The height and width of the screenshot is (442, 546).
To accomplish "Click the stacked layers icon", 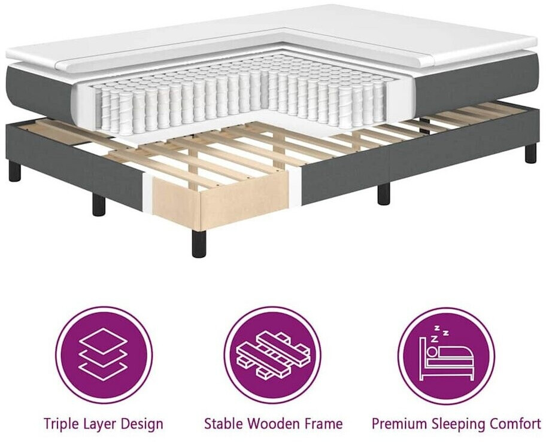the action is [104, 355].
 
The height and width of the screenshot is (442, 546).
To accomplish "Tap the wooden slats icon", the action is [272, 355].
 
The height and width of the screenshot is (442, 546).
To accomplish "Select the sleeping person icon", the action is [446, 355].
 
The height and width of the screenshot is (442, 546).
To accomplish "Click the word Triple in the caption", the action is [61, 424].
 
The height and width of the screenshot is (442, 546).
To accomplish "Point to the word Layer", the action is [101, 424].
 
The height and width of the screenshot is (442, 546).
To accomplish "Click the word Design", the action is [142, 424].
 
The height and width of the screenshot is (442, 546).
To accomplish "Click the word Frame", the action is [324, 424].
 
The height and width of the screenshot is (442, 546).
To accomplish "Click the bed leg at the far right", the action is [530, 153].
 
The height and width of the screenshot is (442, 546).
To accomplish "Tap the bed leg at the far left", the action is [15, 171].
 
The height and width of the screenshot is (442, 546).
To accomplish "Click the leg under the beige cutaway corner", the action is [199, 243].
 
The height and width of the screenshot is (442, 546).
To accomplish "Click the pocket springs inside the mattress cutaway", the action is [239, 96].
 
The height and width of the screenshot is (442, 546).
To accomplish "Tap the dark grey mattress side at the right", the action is [473, 84].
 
